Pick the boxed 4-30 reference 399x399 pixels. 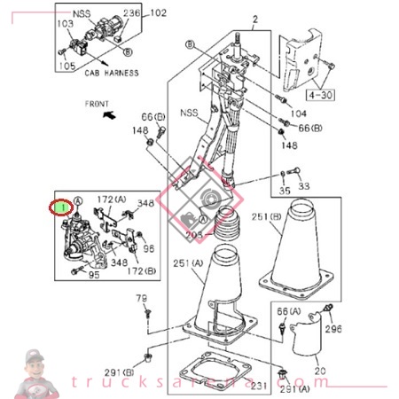(x=318, y=90)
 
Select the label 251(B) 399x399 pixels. (x=266, y=215)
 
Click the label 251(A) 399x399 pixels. (x=186, y=263)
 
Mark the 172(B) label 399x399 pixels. (x=142, y=270)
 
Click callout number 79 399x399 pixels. (x=140, y=299)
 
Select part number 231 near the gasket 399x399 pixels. (x=258, y=385)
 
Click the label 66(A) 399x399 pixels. (x=288, y=312)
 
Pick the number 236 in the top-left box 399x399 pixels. (x=131, y=13)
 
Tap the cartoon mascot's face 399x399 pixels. (x=35, y=364)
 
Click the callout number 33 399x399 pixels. (x=303, y=186)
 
